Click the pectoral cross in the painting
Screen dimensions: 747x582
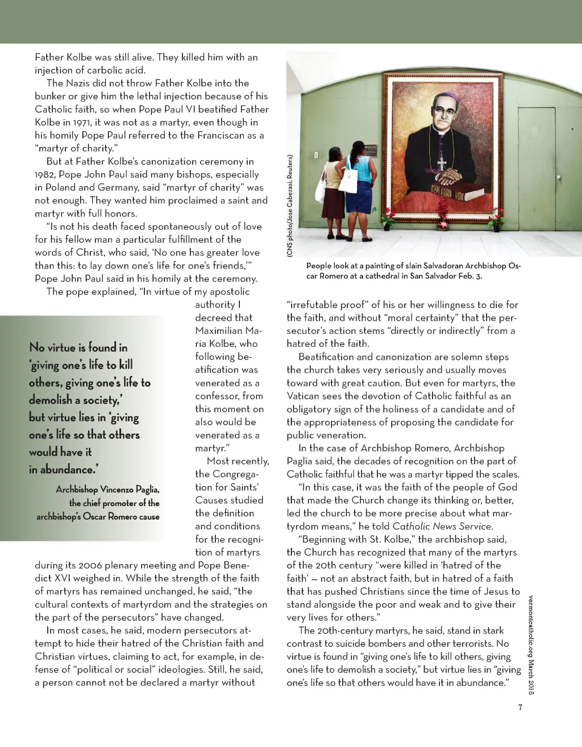click(x=442, y=164)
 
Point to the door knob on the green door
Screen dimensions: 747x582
click(x=559, y=178)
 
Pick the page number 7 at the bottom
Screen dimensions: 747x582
click(x=519, y=707)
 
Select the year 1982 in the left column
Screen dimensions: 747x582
click(x=45, y=175)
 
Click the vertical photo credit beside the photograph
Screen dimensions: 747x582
click(x=290, y=206)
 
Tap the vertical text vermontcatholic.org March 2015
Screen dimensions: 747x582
click(x=531, y=645)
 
